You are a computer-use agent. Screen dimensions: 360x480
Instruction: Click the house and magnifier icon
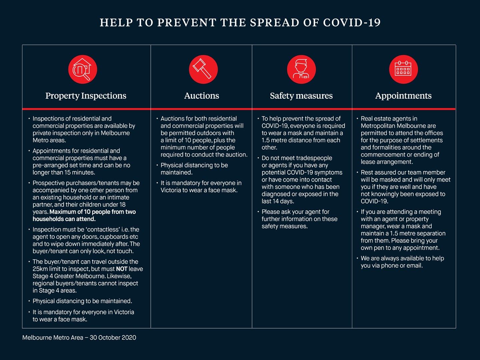point(82,69)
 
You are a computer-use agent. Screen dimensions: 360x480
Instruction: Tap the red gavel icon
point(203,69)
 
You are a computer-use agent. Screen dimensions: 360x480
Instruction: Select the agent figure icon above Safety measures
point(301,69)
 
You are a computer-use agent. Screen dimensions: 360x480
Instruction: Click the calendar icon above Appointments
point(403,69)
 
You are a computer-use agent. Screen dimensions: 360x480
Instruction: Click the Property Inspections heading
point(86,96)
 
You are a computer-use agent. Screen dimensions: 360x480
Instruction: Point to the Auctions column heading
point(201,96)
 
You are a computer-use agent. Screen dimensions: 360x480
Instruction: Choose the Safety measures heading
point(301,96)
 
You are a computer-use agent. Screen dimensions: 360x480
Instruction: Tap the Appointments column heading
point(403,96)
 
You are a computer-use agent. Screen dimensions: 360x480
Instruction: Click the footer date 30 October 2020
point(113,337)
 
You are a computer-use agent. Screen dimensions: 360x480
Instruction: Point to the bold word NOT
point(121,269)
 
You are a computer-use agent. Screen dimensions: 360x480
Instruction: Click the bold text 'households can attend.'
point(64,219)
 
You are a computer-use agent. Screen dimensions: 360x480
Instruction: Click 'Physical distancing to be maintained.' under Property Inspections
point(82,301)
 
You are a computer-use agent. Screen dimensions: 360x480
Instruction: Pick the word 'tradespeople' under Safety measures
point(314,158)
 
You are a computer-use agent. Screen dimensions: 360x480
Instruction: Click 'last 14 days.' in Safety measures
point(278,201)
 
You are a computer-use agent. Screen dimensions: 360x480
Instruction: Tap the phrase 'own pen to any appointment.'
point(400,248)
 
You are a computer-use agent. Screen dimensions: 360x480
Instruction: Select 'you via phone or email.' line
point(392,266)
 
